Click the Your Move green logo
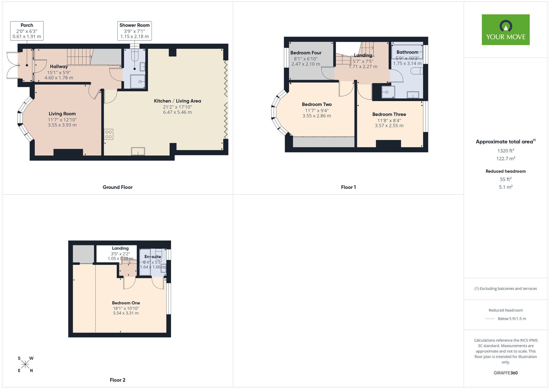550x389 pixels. [x=505, y=30]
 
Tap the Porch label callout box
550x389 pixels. [x=27, y=31]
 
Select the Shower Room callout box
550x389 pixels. [x=134, y=31]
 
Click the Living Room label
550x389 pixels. [x=62, y=114]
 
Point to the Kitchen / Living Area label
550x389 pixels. [x=177, y=101]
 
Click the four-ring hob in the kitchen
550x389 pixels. [x=108, y=134]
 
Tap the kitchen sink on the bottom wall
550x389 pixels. [x=138, y=151]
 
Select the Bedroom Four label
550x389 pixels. [x=306, y=53]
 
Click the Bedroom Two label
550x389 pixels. [x=317, y=104]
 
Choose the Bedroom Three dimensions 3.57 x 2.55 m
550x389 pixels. [x=389, y=126]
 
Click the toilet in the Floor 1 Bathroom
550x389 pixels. [x=417, y=71]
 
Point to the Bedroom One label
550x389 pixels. [x=126, y=303]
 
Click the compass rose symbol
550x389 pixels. [x=25, y=365]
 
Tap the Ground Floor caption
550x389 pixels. [x=117, y=187]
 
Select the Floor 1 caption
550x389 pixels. [x=348, y=187]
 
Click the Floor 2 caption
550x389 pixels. [x=117, y=380]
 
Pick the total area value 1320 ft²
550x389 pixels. [x=506, y=151]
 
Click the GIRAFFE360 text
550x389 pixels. [x=506, y=373]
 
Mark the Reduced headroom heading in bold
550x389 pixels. [x=506, y=171]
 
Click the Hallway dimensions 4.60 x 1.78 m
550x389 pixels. [x=59, y=78]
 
